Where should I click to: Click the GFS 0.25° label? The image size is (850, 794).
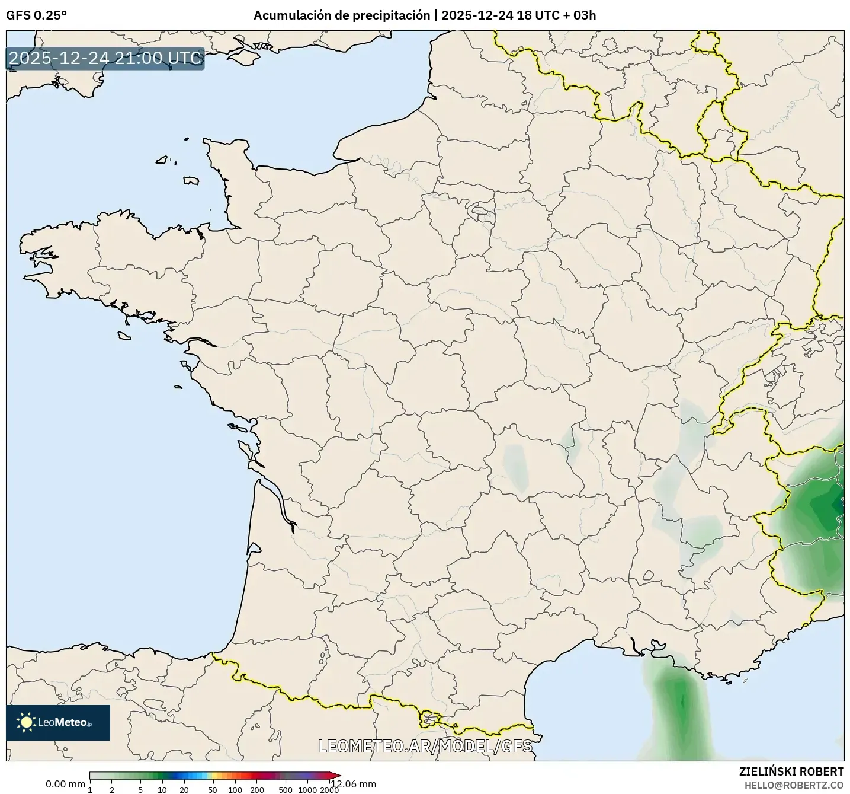click(36, 15)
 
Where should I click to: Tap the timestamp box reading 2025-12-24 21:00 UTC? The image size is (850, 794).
click(105, 59)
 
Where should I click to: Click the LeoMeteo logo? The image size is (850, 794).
click(58, 722)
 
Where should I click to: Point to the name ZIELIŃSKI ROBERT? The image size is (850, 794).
click(791, 771)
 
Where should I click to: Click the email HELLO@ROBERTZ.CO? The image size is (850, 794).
click(794, 785)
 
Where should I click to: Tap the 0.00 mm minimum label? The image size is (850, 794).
click(65, 784)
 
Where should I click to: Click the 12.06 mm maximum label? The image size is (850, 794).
click(354, 784)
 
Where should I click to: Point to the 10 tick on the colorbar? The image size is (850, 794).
click(162, 790)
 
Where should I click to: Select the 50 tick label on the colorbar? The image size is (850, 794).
click(213, 790)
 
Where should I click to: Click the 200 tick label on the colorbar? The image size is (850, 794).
click(256, 790)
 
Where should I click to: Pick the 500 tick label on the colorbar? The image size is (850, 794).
click(286, 790)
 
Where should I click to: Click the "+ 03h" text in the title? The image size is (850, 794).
click(580, 15)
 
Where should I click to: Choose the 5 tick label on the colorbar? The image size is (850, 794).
click(140, 790)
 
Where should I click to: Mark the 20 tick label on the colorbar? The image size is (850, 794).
click(184, 790)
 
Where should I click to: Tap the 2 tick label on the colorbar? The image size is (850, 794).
click(111, 790)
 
